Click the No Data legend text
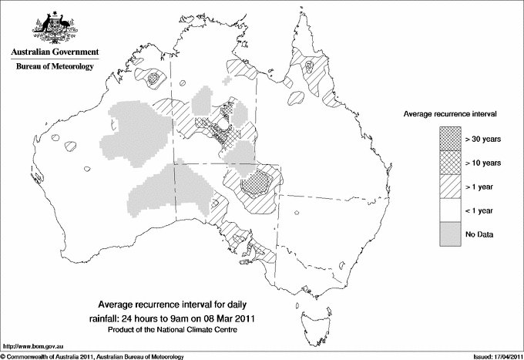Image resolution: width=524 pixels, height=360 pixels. pyautogui.click(x=479, y=234)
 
